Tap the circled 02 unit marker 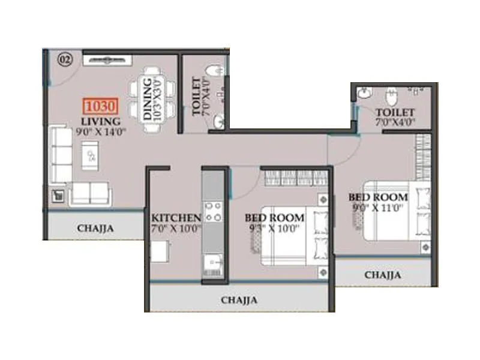coord(65,59)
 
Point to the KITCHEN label coord(176,217)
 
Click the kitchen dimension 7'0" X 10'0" coord(176,228)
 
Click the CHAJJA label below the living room coord(95,228)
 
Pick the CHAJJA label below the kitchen coord(239,300)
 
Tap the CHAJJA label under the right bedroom coord(383,275)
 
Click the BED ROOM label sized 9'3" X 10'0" coord(274,217)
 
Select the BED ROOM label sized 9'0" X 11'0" coord(378,197)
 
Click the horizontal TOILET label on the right coord(394,112)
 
